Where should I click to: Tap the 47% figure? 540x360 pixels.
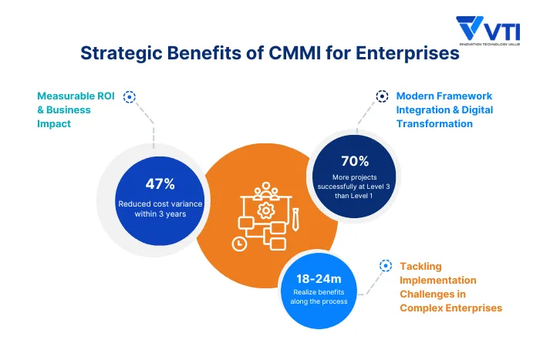click(x=160, y=184)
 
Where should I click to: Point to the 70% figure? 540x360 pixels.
click(x=355, y=161)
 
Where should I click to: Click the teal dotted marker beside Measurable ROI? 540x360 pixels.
click(x=130, y=97)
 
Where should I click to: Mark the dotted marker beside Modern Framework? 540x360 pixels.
click(x=382, y=96)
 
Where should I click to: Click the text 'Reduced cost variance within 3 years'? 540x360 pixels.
click(x=161, y=209)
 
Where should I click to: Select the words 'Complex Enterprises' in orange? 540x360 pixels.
click(x=451, y=308)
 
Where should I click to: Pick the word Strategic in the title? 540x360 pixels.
click(x=120, y=54)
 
